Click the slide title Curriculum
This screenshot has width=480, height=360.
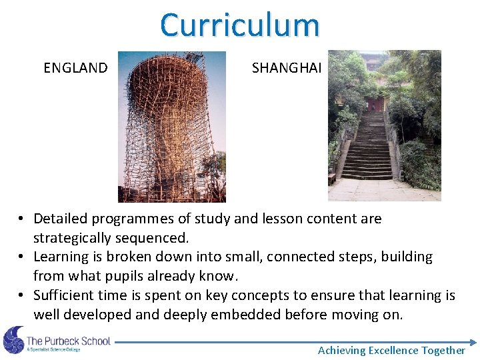(240, 25)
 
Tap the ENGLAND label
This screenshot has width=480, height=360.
(75, 68)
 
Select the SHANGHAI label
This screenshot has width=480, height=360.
(287, 68)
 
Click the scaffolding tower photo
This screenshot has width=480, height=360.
(172, 127)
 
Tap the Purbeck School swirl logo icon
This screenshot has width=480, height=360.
(13, 340)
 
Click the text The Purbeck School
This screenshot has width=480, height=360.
(68, 341)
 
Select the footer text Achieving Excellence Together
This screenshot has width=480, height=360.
(391, 350)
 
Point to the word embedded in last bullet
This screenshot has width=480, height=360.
(251, 315)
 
